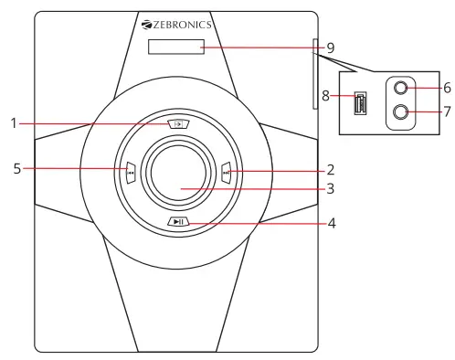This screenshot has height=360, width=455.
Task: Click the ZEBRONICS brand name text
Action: pyautogui.click(x=184, y=25)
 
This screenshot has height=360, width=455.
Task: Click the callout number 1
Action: pyautogui.click(x=14, y=122)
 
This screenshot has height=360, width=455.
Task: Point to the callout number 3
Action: pyautogui.click(x=330, y=190)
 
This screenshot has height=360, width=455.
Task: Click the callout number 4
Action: pyautogui.click(x=332, y=222)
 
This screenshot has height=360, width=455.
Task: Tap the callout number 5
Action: pyautogui.click(x=14, y=168)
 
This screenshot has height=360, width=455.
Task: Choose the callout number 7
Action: pyautogui.click(x=447, y=112)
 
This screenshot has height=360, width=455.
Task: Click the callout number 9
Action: pyautogui.click(x=330, y=48)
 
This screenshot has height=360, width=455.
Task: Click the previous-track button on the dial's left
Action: pyautogui.click(x=131, y=170)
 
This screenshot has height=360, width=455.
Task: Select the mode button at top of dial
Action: pyautogui.click(x=178, y=123)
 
